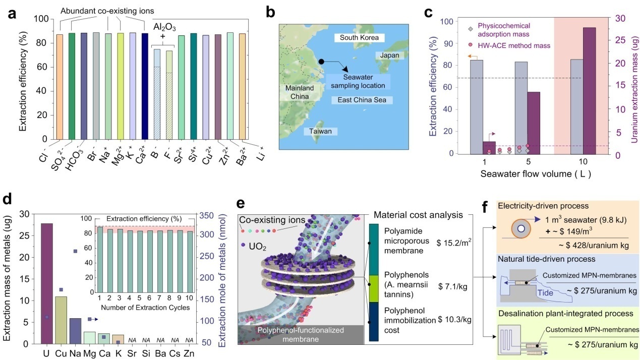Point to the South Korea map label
point(359,38)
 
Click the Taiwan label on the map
point(321,131)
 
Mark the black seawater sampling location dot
point(321,62)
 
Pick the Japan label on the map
point(390,55)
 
